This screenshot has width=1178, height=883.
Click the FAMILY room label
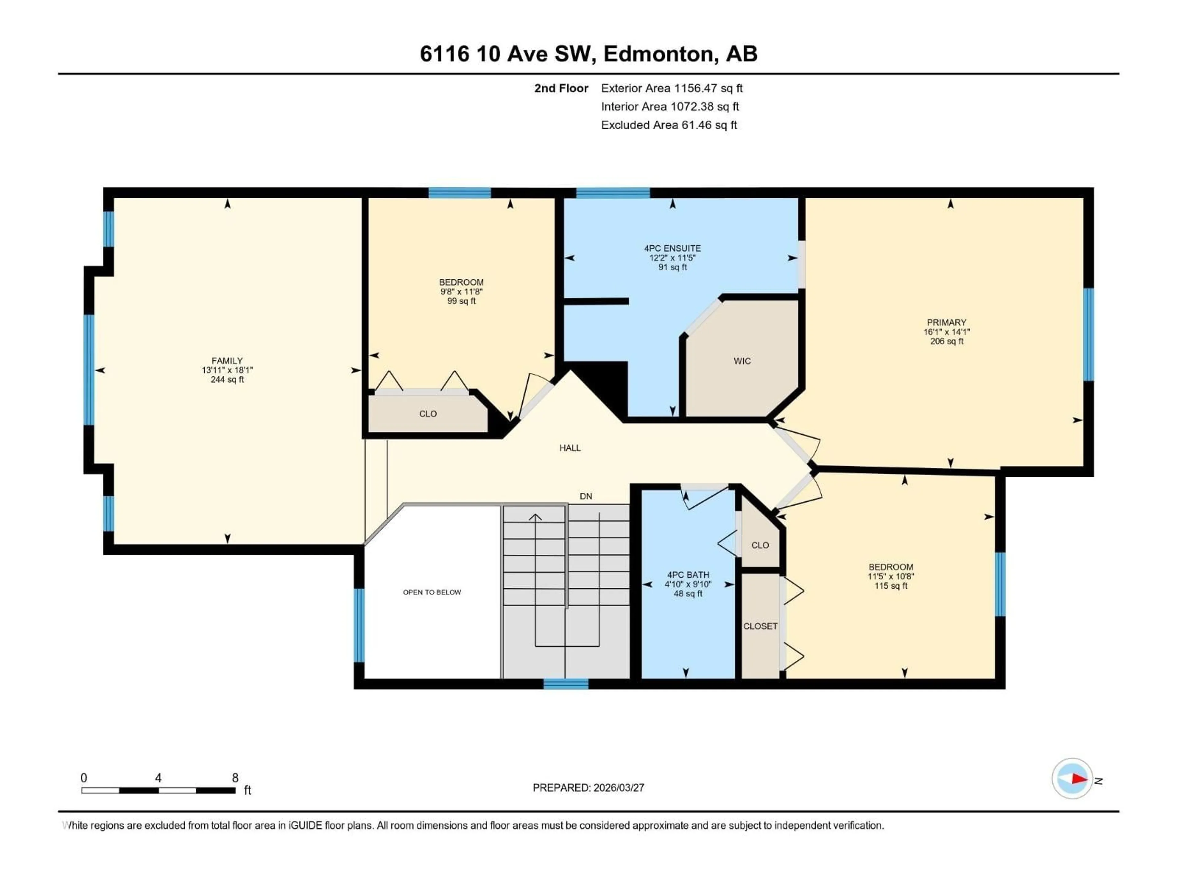[x=227, y=360]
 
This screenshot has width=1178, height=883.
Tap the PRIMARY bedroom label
[x=946, y=322]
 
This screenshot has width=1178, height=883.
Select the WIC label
[x=742, y=361]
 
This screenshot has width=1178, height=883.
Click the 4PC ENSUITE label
[x=672, y=248]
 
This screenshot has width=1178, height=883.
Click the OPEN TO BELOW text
[x=432, y=592]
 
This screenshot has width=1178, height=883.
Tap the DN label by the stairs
[x=586, y=496]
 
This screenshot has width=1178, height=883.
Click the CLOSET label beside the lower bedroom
[x=760, y=626]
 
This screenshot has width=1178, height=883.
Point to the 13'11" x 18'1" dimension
[x=227, y=370]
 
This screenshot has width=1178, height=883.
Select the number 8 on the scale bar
[x=235, y=778]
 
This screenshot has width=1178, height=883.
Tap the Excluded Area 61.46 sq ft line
[x=669, y=125]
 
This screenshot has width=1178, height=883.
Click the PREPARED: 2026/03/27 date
[x=588, y=788]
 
